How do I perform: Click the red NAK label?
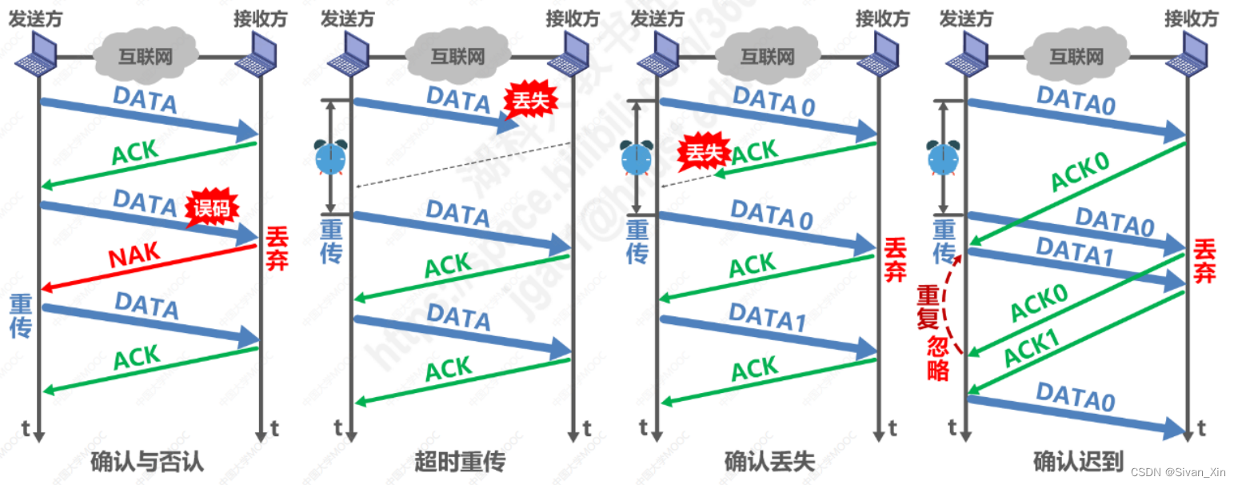tap(134, 257)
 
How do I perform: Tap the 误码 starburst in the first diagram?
tap(213, 210)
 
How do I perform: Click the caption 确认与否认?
tap(147, 462)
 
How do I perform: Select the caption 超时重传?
tap(460, 462)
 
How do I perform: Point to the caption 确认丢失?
tap(769, 462)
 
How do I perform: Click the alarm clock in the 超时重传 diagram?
tap(330, 157)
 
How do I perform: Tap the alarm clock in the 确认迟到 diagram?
tap(943, 157)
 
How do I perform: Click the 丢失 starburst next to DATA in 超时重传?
tap(525, 102)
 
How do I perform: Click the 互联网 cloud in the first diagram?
tap(146, 56)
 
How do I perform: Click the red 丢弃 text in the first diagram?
tap(276, 249)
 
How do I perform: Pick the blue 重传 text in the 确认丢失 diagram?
tap(637, 242)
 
